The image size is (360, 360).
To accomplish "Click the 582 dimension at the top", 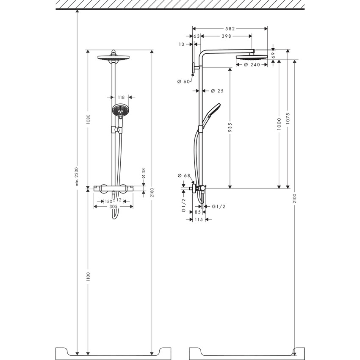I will pyautogui.click(x=230, y=29).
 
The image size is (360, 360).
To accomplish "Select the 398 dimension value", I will pyautogui.click(x=226, y=36).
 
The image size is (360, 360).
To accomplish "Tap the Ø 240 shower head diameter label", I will pyautogui.click(x=250, y=65).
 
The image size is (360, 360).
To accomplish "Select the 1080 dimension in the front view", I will pyautogui.click(x=88, y=118).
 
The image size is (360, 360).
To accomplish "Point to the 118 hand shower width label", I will pyautogui.click(x=121, y=97).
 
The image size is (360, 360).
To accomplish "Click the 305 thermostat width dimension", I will pyautogui.click(x=114, y=207).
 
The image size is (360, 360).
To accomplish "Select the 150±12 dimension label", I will pyautogui.click(x=114, y=199).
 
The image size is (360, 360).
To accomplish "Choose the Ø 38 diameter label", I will pyautogui.click(x=144, y=173).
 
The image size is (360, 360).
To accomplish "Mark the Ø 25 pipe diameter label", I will pyautogui.click(x=217, y=91).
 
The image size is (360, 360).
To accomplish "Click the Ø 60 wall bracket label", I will pyautogui.click(x=183, y=81).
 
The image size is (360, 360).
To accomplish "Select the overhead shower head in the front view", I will pyautogui.click(x=113, y=57).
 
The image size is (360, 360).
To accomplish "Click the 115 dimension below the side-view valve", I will pyautogui.click(x=198, y=219).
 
